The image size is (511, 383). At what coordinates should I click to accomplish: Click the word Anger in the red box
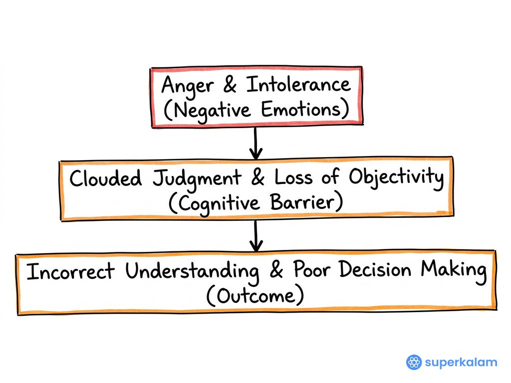[x=188, y=86]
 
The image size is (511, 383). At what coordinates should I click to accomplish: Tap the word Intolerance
[x=298, y=84]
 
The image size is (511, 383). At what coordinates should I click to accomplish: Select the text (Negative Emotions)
[x=256, y=110]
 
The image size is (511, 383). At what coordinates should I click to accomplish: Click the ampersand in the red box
[x=230, y=84]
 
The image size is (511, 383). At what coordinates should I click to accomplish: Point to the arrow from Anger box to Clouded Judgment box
[x=256, y=143]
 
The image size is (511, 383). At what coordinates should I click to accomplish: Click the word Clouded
[x=106, y=178]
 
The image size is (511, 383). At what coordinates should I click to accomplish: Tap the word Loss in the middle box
[x=293, y=177]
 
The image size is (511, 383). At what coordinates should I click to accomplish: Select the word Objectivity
[x=396, y=178]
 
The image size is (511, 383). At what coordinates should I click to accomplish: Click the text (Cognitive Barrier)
[x=256, y=203]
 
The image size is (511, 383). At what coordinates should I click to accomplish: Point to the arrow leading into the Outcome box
[x=256, y=236]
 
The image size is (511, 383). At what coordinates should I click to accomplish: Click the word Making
[x=453, y=271]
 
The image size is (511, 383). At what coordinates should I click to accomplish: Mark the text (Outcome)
[x=255, y=295]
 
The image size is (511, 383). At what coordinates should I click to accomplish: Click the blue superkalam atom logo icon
[x=414, y=362]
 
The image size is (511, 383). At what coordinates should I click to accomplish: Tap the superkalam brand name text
[x=461, y=363]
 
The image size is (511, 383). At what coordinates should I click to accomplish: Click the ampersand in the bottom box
[x=276, y=269]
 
